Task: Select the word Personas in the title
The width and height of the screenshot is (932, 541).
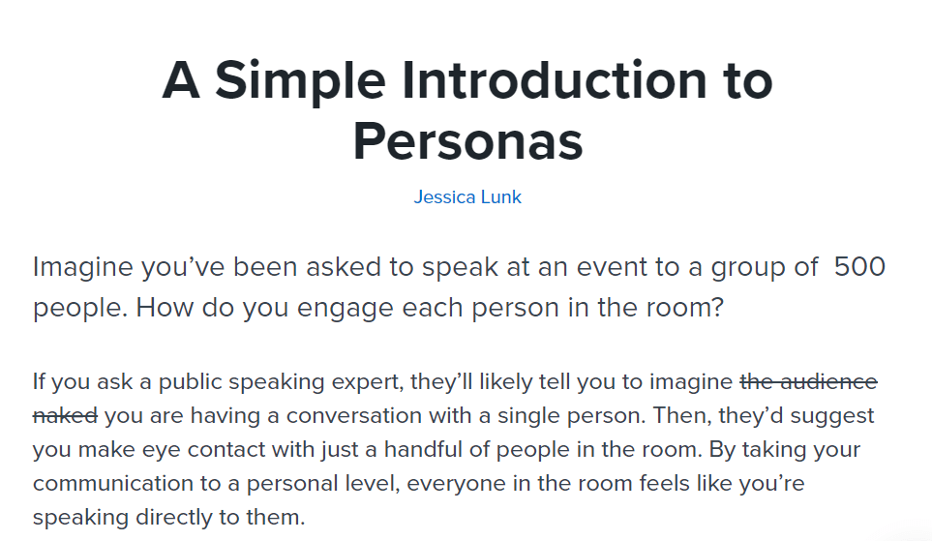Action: pos(467,141)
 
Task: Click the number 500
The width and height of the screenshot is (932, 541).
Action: pos(859,266)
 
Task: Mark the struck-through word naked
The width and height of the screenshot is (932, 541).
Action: pos(65,416)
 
